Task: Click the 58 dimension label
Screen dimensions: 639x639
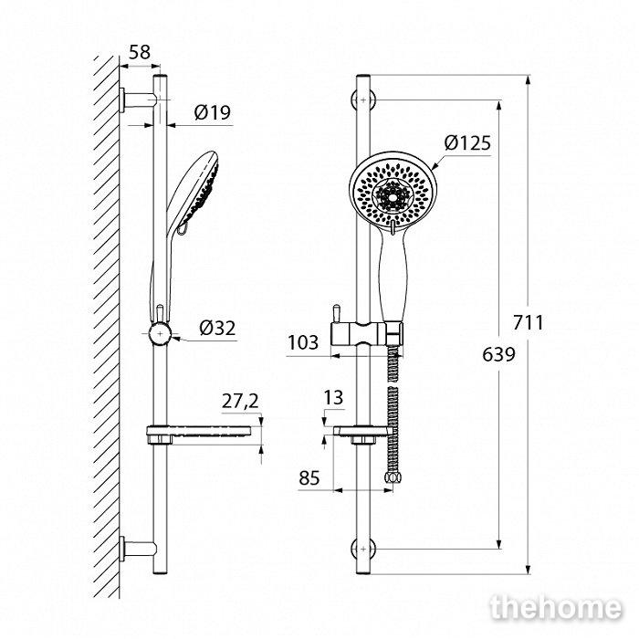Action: pos(140,52)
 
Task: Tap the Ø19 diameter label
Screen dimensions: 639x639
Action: pos(212,112)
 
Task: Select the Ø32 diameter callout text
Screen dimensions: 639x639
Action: pos(217,328)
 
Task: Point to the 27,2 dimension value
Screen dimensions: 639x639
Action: pos(240,401)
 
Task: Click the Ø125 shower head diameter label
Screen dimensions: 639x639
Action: pos(467,142)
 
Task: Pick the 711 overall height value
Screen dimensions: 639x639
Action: pos(529,323)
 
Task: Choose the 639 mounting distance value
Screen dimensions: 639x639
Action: pos(498,354)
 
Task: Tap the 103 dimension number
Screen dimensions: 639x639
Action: pos(303,342)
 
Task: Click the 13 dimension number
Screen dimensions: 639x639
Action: pos(333,397)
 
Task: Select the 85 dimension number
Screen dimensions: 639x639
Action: pos(309,477)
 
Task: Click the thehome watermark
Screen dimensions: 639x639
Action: pos(556,608)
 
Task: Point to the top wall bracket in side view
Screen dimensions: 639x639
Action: pos(138,100)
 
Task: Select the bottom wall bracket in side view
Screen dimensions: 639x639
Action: pos(138,549)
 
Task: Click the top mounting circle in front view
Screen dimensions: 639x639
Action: pos(363,100)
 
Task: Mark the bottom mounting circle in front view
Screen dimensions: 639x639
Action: pos(363,549)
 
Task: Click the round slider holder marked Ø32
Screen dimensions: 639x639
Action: pos(160,334)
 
